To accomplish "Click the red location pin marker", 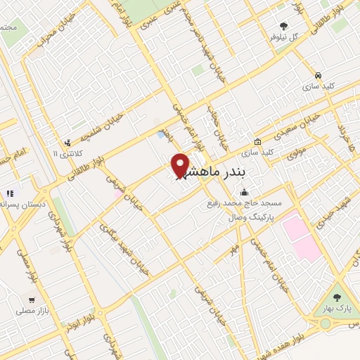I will pos(180,166).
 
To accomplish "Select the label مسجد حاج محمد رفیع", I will pos(245,204).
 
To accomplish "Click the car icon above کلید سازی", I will pos(318,75).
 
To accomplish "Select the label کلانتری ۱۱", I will pos(68,153).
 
